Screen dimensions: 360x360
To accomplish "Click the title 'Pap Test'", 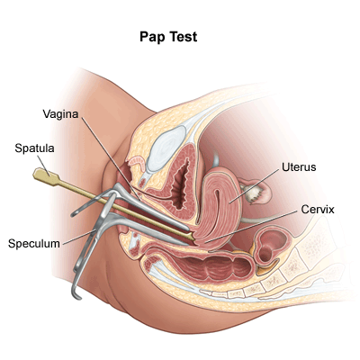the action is click(x=168, y=37).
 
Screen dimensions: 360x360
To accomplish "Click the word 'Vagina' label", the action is click(x=60, y=114).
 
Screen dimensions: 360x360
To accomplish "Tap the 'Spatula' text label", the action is click(x=34, y=148).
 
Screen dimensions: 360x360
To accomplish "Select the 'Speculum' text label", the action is click(x=34, y=244).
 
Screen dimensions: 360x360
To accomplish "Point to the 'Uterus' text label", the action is click(x=299, y=167).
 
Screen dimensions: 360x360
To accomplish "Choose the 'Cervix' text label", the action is click(x=318, y=210).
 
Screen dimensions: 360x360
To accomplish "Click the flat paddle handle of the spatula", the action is click(x=45, y=176).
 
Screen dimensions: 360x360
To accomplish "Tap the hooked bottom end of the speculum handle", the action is click(x=76, y=294).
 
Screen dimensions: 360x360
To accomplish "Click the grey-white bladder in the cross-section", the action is click(x=166, y=148).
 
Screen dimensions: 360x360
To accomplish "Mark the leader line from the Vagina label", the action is click(x=111, y=158).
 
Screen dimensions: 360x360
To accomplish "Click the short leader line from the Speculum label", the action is click(x=77, y=236).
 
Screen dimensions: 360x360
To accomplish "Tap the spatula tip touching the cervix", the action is click(x=193, y=238).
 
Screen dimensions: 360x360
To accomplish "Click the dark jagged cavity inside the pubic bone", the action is click(x=179, y=183).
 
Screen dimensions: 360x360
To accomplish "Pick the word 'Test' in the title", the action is click(x=183, y=37).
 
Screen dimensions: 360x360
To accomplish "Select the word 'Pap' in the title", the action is click(x=152, y=38).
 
